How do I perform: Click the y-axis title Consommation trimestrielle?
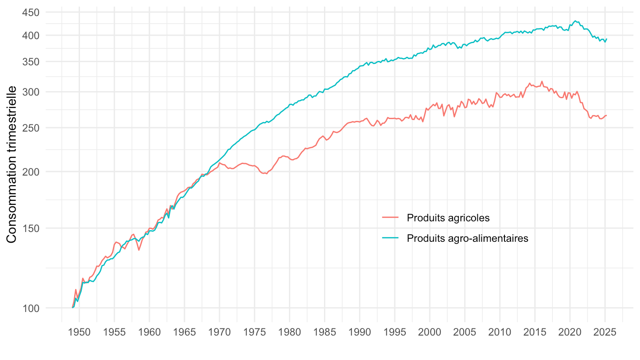coord(12,164)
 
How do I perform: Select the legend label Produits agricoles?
coord(448,218)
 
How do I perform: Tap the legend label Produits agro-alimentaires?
coord(467,238)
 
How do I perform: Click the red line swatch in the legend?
coord(391,218)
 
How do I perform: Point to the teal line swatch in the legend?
coord(391,238)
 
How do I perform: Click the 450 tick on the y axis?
coord(31,12)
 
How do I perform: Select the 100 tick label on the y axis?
coord(31,308)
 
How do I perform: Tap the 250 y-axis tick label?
coord(31,128)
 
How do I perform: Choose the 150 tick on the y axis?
coord(31,228)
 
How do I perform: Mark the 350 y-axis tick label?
coord(31,61)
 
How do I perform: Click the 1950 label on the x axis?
coord(79,333)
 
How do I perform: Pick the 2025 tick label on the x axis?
coord(605,333)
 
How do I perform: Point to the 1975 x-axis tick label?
coord(254,333)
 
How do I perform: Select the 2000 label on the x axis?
coord(430,333)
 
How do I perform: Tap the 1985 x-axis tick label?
coord(324,333)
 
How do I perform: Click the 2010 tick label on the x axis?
coord(500,333)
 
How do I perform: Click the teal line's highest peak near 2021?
coord(575,21)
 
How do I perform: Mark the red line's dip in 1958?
coord(139,250)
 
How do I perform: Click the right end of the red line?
coord(606,116)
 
